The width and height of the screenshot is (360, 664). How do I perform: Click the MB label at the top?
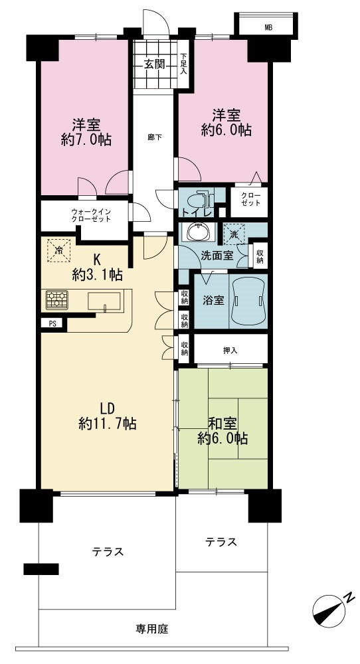tap(268, 28)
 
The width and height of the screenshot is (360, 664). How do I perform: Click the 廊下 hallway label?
tap(153, 137)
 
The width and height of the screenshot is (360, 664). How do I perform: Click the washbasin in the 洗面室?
tap(197, 232)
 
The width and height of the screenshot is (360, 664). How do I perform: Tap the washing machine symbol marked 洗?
tap(234, 233)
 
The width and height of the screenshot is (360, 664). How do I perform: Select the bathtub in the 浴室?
tap(248, 301)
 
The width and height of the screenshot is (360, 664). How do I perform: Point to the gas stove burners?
tap(57, 300)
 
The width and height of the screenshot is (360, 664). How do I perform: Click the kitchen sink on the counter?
tap(104, 301)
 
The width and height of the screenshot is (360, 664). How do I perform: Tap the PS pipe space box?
tap(52, 324)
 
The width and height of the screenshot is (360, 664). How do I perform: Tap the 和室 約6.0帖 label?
tap(223, 431)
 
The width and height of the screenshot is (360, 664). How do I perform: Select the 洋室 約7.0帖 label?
tap(86, 133)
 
